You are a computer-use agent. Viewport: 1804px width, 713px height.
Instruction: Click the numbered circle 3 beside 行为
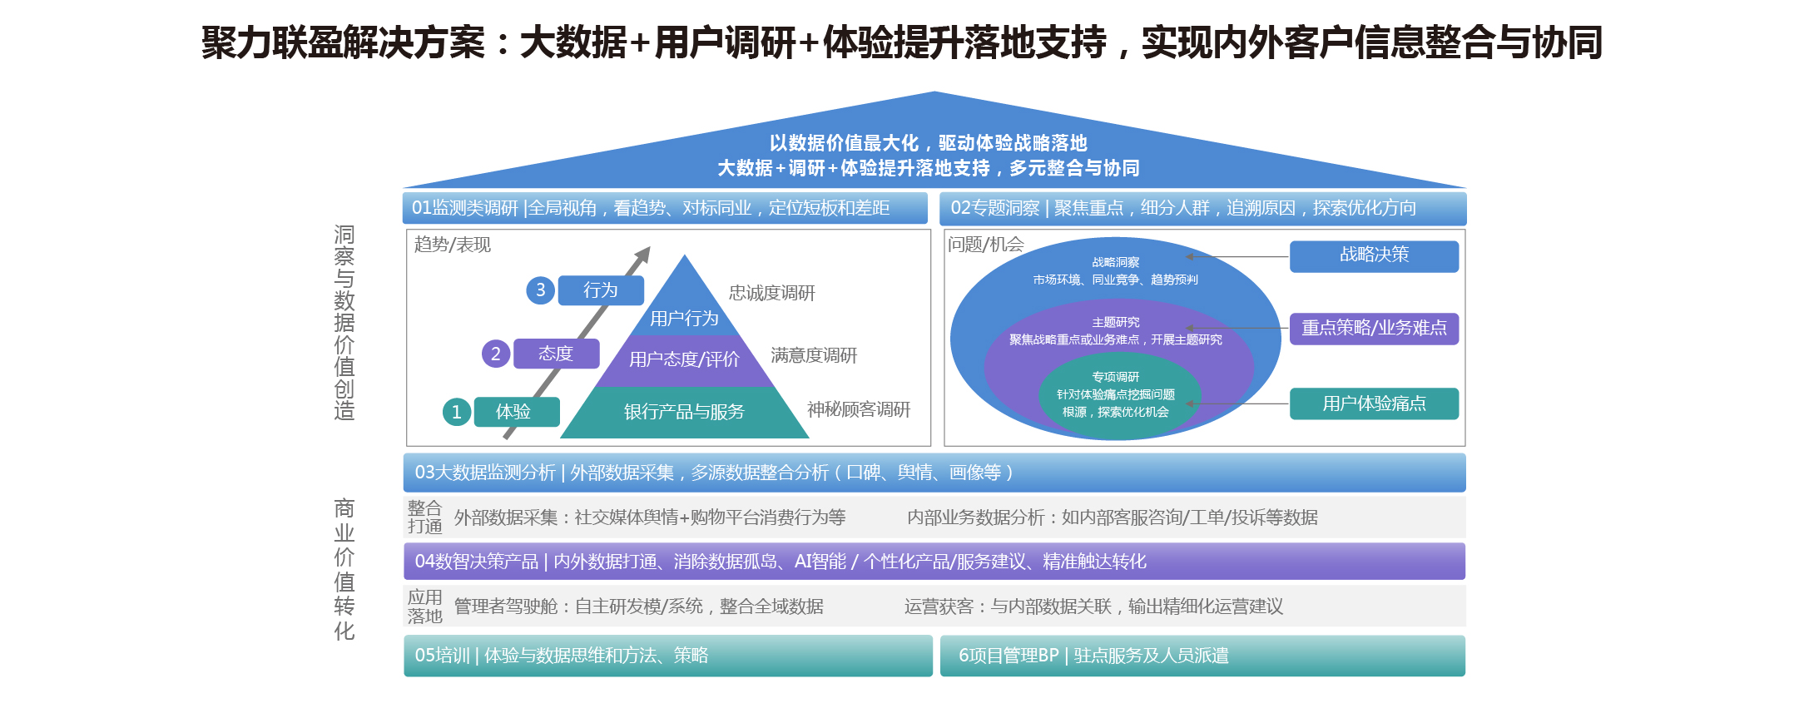pyautogui.click(x=541, y=290)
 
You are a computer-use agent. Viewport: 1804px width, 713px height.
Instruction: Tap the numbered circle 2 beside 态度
pyautogui.click(x=496, y=354)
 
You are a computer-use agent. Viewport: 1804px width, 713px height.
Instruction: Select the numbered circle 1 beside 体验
pyautogui.click(x=457, y=412)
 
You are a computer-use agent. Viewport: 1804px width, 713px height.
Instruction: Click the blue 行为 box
pyautogui.click(x=601, y=290)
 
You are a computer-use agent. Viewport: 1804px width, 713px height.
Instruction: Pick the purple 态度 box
pyautogui.click(x=556, y=354)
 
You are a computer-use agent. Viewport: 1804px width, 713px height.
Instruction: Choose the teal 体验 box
pyautogui.click(x=516, y=412)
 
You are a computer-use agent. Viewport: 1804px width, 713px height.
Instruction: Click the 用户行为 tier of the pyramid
pyautogui.click(x=684, y=318)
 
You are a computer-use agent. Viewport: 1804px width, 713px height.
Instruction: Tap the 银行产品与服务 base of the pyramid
pyautogui.click(x=684, y=412)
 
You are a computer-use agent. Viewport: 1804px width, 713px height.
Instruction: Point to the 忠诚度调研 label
pyautogui.click(x=772, y=293)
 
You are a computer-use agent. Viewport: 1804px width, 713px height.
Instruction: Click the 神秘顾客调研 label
pyautogui.click(x=859, y=409)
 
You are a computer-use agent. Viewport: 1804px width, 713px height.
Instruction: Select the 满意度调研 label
pyautogui.click(x=814, y=355)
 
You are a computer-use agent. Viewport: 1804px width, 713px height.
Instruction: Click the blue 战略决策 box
pyautogui.click(x=1374, y=255)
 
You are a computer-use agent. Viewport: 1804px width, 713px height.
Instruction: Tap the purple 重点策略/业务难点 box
pyautogui.click(x=1374, y=328)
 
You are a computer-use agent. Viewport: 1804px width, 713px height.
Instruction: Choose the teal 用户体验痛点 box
pyautogui.click(x=1374, y=404)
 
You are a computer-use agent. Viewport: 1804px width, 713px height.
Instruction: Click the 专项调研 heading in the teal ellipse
pyautogui.click(x=1116, y=377)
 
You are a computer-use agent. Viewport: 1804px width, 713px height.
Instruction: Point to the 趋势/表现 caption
pyautogui.click(x=453, y=245)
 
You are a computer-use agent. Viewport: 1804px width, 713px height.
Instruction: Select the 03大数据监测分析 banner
pyautogui.click(x=934, y=473)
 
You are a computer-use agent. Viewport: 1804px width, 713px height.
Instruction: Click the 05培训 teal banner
pyautogui.click(x=667, y=656)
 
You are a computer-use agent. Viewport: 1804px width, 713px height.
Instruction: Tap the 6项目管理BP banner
pyautogui.click(x=1202, y=656)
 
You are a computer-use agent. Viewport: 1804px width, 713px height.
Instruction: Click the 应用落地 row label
pyautogui.click(x=424, y=607)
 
